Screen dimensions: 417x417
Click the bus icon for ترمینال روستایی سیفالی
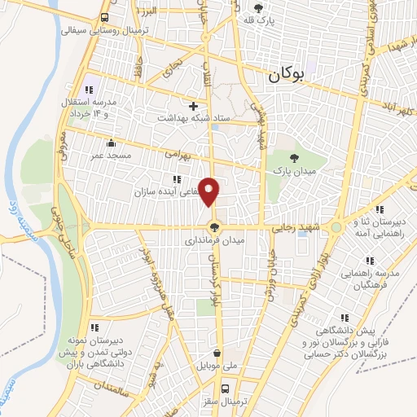point(105,17)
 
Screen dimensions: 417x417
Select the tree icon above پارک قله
point(258,7)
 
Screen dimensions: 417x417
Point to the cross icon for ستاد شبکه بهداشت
point(193,106)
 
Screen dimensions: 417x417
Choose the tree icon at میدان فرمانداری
point(214,228)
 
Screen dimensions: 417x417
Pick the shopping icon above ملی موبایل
point(217,353)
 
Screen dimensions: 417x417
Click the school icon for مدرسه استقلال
point(88,89)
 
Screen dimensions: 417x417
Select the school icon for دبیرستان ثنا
point(357,222)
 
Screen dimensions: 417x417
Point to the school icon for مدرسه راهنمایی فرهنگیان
point(369,261)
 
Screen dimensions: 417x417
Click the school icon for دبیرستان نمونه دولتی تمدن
point(94,327)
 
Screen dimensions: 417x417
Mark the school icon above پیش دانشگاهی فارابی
point(344,318)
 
